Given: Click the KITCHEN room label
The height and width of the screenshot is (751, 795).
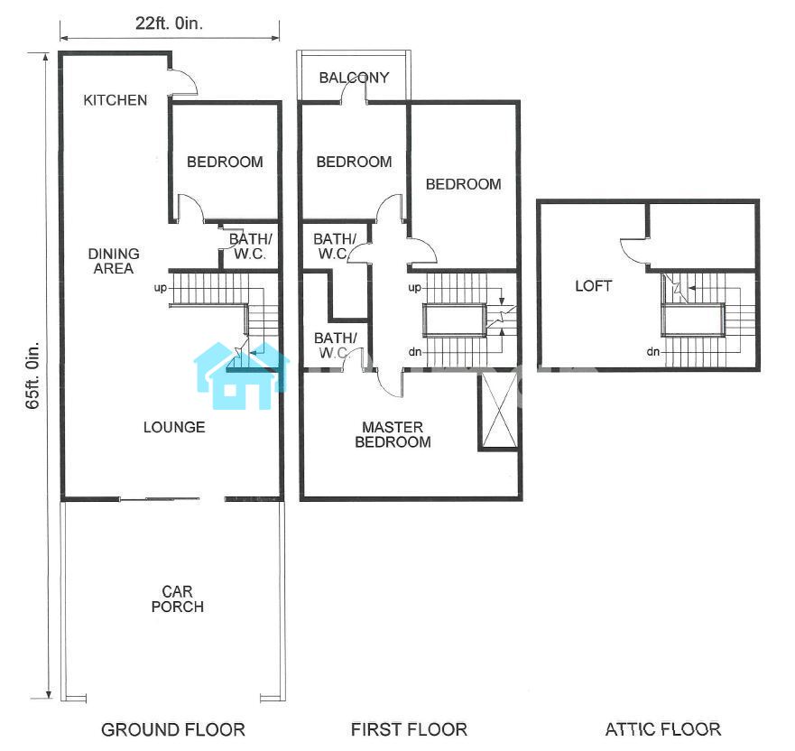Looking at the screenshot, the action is tap(116, 100).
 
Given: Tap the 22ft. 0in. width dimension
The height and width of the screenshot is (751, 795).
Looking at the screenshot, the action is tap(169, 23).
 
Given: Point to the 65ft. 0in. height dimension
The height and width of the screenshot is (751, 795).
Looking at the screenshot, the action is tap(33, 375).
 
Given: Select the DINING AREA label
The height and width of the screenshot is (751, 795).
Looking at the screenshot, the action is tap(113, 261).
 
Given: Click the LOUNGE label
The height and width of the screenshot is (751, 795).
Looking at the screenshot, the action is tap(174, 427).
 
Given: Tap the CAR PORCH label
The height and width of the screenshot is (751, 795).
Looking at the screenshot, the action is tap(178, 598).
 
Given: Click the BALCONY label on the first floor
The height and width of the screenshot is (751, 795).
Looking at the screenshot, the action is tap(354, 78).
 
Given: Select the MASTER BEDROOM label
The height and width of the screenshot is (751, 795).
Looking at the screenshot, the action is tap(393, 434).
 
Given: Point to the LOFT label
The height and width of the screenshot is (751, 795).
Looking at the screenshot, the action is tap(593, 286).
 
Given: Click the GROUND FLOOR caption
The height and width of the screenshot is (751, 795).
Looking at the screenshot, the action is tap(173, 729).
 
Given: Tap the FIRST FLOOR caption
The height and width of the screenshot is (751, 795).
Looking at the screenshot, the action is tap(409, 729).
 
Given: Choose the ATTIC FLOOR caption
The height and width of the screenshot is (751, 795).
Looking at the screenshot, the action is tap(663, 729).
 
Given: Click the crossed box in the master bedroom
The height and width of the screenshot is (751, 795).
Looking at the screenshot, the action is tap(499, 410).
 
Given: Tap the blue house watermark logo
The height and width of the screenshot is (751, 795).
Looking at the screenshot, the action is tap(241, 375).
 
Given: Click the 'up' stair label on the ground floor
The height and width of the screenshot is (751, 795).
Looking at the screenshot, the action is tap(161, 288).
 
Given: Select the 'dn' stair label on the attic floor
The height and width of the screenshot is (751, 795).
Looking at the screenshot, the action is tap(653, 351).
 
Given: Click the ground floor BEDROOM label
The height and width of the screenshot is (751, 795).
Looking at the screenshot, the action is tap(225, 162).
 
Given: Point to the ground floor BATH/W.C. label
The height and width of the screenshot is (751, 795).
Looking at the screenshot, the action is tap(250, 246).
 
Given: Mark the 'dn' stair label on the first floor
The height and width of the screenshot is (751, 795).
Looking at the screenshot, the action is tap(415, 352).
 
